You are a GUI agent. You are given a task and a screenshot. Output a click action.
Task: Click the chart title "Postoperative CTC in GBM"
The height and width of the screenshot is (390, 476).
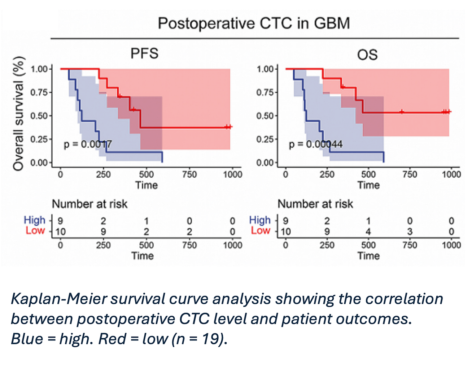254,23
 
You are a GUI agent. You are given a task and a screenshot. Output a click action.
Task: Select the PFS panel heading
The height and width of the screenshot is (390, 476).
144,53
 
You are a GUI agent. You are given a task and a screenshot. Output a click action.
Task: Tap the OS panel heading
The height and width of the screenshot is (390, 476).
367,55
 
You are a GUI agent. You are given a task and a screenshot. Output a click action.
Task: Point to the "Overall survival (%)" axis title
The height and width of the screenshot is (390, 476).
19,113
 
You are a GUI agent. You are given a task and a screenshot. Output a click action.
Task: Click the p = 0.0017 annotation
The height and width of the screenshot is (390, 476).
88,144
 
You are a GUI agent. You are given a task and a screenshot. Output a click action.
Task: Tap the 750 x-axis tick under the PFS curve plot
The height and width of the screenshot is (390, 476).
189,175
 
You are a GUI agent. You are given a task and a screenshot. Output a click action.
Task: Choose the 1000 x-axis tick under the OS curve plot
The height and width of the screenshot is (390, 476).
451,175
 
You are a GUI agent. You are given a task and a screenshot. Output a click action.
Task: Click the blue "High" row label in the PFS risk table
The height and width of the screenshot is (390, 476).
35,220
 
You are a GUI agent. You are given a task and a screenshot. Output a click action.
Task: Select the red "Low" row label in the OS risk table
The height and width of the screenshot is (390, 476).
261,230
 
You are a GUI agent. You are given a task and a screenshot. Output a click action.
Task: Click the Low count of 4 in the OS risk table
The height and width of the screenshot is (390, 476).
368,231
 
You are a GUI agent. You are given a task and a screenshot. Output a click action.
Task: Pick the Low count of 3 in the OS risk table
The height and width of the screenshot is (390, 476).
410,231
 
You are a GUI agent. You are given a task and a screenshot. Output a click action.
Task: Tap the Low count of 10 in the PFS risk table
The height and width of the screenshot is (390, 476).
60,231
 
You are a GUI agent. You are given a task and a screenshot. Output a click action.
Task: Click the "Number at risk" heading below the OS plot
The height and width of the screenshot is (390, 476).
315,204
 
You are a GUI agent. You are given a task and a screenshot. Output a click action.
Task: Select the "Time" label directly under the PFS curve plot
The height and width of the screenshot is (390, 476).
147,185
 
